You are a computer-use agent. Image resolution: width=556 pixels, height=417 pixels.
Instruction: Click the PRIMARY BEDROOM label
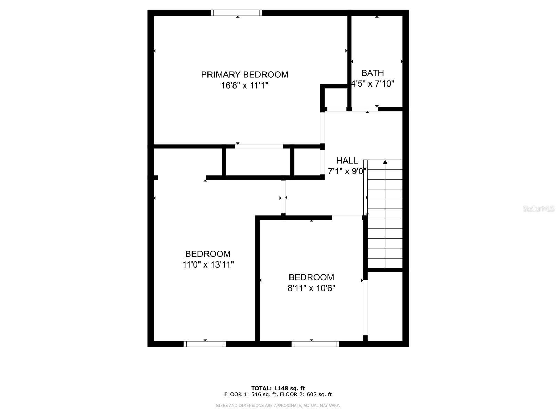244,75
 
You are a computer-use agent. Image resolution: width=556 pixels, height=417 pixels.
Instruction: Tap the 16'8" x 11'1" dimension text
245,85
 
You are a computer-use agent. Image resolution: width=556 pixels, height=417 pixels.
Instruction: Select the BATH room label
373,73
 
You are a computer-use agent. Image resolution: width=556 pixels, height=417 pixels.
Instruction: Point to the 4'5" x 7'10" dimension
373,84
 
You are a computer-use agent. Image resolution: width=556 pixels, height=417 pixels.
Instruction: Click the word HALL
347,161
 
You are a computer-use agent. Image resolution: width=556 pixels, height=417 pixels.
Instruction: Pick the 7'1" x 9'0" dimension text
347,171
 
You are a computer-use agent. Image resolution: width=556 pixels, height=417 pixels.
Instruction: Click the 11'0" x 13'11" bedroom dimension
208,265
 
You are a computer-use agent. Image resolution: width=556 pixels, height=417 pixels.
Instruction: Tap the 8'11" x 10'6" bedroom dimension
311,288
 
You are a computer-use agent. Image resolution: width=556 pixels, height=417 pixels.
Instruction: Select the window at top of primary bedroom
236,13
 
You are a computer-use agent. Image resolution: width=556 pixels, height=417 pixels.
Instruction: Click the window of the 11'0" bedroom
205,344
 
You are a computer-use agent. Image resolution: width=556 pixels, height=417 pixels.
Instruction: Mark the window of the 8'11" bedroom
315,344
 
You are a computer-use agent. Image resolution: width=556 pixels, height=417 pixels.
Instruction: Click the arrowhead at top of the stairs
385,162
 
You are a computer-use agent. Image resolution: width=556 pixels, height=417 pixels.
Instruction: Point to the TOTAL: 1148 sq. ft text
278,388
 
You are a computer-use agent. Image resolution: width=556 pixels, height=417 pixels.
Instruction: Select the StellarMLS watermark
538,209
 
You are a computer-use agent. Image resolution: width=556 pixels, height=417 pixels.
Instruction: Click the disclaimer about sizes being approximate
278,405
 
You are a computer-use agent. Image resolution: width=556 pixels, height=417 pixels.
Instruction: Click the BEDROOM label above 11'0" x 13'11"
208,254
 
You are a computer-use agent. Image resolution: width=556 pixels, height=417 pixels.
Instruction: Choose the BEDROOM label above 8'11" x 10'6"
311,277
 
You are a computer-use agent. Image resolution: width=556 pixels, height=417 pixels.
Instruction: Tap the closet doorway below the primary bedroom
259,146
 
